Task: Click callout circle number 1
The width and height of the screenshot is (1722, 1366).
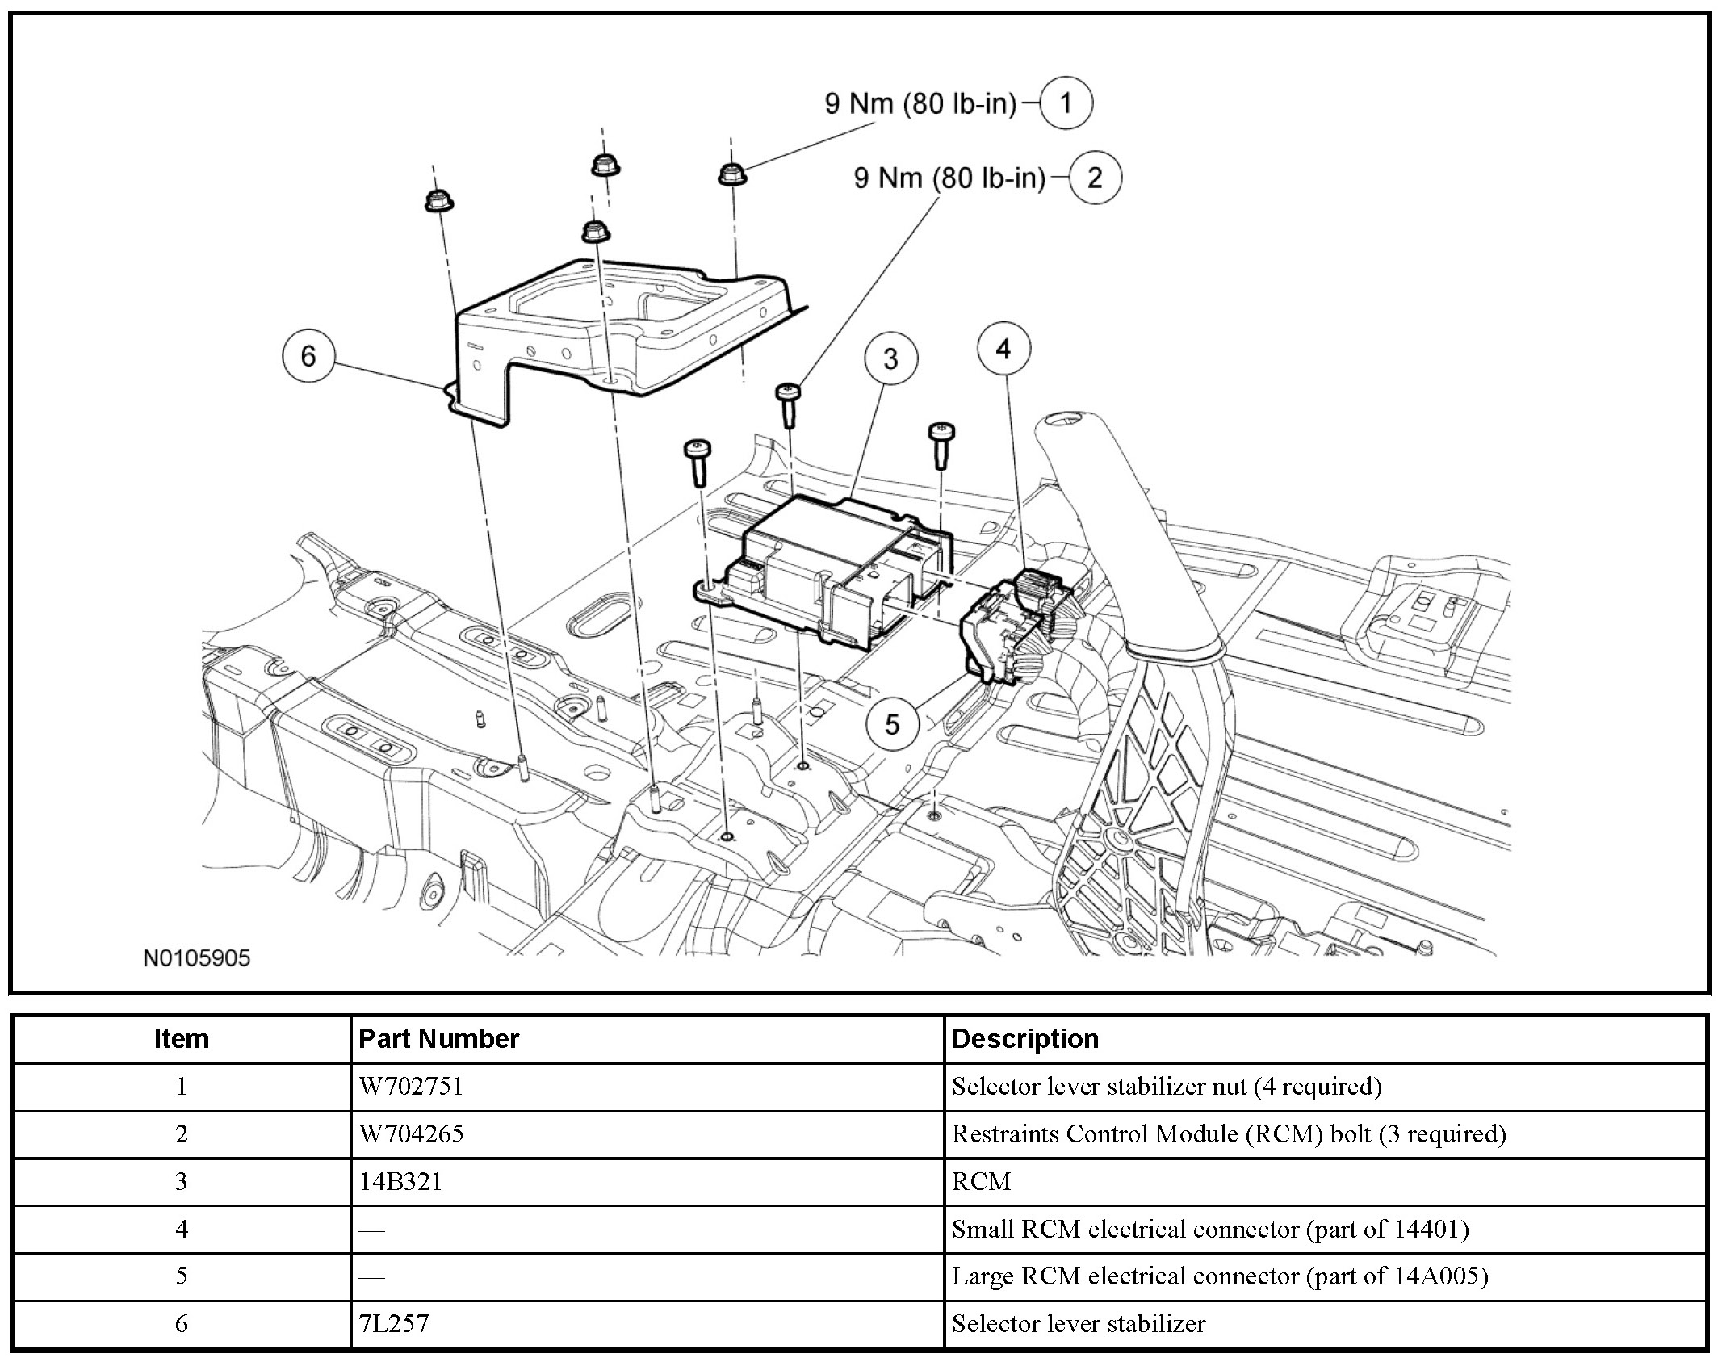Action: click(1066, 103)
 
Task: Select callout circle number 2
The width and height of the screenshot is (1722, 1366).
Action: click(1095, 177)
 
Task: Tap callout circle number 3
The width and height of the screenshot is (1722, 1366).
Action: click(890, 358)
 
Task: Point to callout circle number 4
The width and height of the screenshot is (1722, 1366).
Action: click(1003, 349)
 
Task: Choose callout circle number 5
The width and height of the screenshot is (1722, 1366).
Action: click(892, 723)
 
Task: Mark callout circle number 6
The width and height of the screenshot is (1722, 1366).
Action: click(308, 356)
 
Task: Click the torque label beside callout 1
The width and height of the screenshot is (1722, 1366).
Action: click(920, 103)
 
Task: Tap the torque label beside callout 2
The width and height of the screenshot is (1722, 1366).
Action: click(949, 178)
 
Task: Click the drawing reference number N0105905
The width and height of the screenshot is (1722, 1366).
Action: click(197, 957)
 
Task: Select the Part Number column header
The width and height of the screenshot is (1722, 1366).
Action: click(438, 1038)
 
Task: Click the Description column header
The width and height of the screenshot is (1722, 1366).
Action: click(1025, 1038)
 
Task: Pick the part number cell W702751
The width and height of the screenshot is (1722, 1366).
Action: click(411, 1086)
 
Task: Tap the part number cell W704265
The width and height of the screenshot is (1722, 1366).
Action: click(411, 1133)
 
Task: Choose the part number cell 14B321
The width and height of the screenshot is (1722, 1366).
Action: click(400, 1181)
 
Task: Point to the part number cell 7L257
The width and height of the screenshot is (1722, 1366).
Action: click(393, 1323)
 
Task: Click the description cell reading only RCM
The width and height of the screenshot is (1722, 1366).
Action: click(981, 1181)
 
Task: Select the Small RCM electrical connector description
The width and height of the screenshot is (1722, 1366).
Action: click(1209, 1229)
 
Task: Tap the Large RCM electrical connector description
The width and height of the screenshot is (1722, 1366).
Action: click(1219, 1276)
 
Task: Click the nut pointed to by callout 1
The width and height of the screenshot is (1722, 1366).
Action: click(731, 173)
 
